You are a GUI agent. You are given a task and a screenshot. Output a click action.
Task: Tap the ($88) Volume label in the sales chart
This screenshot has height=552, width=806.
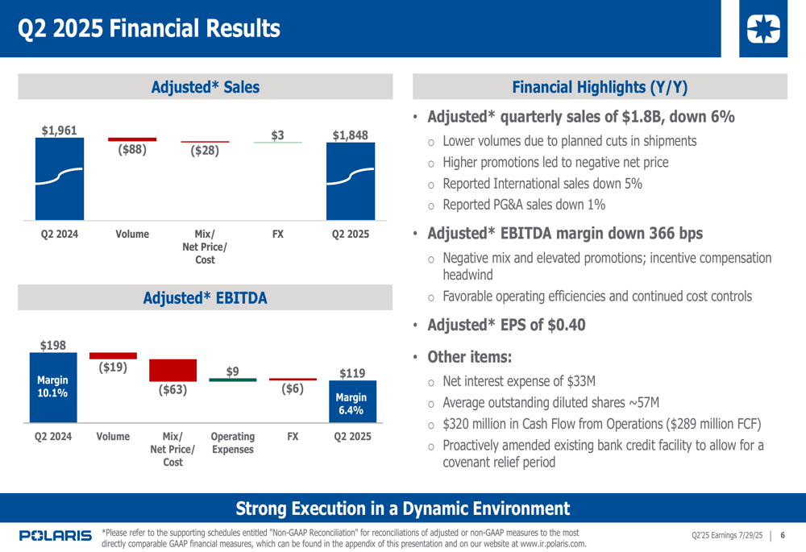pyautogui.click(x=132, y=149)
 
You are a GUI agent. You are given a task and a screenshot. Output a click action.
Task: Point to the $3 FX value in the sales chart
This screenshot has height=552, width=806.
pyautogui.click(x=277, y=135)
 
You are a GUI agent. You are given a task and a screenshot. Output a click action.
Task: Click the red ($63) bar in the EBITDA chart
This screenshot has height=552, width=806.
pyautogui.click(x=172, y=370)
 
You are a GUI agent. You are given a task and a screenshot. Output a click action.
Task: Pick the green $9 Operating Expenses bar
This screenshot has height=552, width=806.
pyautogui.click(x=232, y=380)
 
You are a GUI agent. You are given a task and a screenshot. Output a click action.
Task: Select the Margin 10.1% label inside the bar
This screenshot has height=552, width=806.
pyautogui.click(x=52, y=386)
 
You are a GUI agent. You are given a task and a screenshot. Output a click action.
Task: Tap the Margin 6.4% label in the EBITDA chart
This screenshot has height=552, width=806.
pyautogui.click(x=351, y=404)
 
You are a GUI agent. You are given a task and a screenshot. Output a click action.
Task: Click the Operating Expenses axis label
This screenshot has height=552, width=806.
pyautogui.click(x=232, y=442)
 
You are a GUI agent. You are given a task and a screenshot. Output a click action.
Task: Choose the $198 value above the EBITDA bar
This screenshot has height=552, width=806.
pyautogui.click(x=53, y=346)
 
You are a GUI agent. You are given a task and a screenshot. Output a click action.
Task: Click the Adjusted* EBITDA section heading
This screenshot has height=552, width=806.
pyautogui.click(x=205, y=299)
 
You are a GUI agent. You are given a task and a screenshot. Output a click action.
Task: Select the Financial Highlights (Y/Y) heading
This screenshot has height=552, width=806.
pyautogui.click(x=600, y=87)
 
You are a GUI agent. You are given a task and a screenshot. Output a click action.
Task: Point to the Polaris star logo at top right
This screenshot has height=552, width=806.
pyautogui.click(x=763, y=30)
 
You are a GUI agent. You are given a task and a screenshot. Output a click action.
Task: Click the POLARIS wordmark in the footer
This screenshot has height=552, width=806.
pyautogui.click(x=55, y=536)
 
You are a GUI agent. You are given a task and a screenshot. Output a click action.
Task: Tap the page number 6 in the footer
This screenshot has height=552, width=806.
pyautogui.click(x=783, y=536)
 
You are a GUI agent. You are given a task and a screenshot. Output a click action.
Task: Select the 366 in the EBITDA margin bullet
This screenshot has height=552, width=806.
pyautogui.click(x=634, y=234)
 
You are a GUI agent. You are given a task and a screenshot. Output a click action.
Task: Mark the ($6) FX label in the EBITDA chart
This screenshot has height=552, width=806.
pyautogui.click(x=293, y=389)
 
